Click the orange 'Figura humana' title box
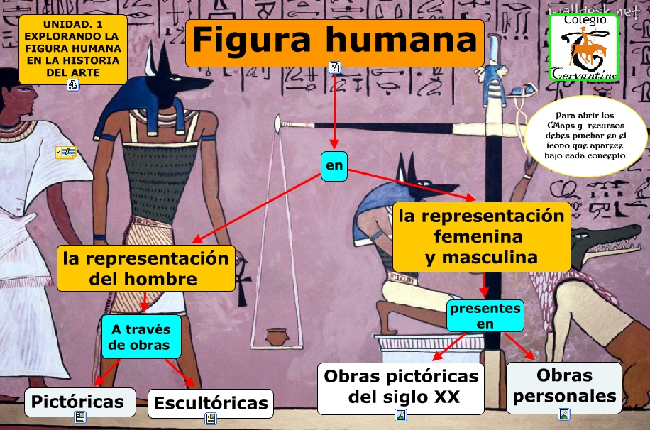(334, 41)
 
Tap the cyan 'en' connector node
(334, 166)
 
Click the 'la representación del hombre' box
(146, 268)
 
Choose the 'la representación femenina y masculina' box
(481, 236)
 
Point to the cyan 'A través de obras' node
(141, 336)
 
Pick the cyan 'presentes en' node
(485, 316)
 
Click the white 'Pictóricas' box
(78, 402)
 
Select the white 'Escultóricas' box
(211, 404)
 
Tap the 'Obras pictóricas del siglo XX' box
(401, 387)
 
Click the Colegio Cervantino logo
(583, 47)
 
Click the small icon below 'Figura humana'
(335, 67)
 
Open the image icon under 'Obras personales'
(564, 414)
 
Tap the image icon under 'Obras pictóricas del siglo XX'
(401, 415)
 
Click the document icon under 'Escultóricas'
(211, 418)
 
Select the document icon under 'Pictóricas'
(79, 417)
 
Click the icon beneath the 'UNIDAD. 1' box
(73, 86)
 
